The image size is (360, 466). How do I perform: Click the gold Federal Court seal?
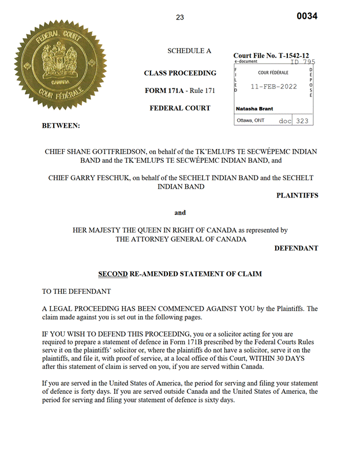57,68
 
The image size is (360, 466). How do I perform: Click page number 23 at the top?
180,17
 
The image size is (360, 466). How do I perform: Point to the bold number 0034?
307,16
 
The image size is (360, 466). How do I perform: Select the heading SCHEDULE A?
189,51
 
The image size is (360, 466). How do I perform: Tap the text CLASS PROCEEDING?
180,73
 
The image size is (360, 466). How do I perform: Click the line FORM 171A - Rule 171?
180,91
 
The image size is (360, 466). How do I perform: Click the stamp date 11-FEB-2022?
273,87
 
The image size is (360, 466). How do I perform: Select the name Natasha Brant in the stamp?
254,109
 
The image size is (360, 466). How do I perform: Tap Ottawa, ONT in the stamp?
251,121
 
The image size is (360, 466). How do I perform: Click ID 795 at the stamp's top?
302,62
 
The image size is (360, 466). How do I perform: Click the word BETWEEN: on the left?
61,125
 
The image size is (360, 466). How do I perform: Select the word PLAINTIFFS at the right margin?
297,196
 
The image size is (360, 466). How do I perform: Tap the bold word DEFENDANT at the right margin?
296,248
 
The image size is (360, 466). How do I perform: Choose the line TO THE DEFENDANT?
76,292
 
